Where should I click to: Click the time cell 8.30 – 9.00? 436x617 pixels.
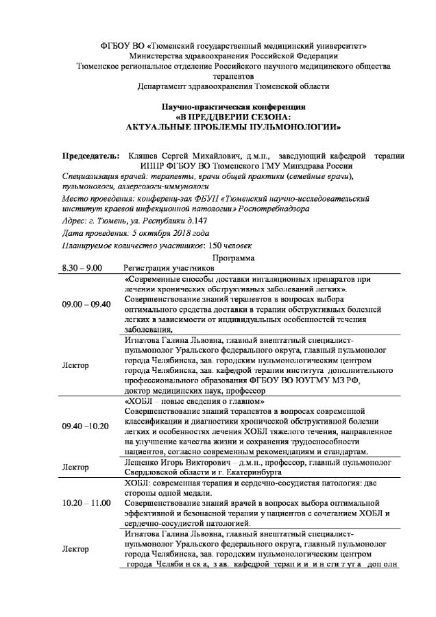(82, 268)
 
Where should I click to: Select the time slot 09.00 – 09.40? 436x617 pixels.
(86, 304)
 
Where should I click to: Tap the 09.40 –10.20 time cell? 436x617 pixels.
(85, 426)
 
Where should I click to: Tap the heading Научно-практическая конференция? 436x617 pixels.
(233, 108)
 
